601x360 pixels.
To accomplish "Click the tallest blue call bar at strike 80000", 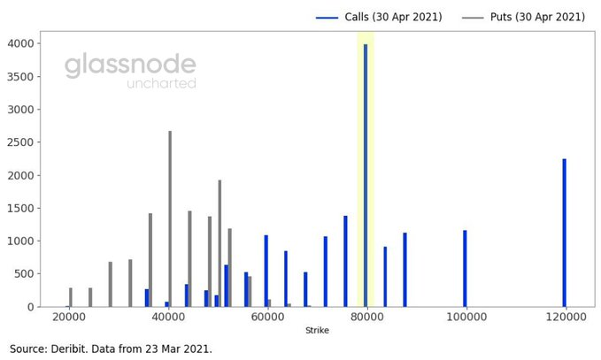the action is pyautogui.click(x=366, y=175).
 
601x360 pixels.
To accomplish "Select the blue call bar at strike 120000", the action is pyautogui.click(x=564, y=233).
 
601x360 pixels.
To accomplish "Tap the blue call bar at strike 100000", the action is pyautogui.click(x=465, y=269).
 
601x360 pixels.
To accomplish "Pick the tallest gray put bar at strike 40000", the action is pyautogui.click(x=170, y=218).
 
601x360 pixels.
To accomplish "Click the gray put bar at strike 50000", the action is pyautogui.click(x=220, y=243).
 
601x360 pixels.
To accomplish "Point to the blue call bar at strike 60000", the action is pyautogui.click(x=266, y=271).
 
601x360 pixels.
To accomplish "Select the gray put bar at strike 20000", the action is pyautogui.click(x=71, y=297).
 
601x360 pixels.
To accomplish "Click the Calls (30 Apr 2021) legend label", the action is pyautogui.click(x=393, y=17).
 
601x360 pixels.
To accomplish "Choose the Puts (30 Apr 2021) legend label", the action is pyautogui.click(x=537, y=17).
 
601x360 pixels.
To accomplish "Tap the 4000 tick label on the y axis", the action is pyautogui.click(x=20, y=43).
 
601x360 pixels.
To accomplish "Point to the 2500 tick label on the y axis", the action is pyautogui.click(x=20, y=142).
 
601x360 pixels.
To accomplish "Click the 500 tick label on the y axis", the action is pyautogui.click(x=24, y=274).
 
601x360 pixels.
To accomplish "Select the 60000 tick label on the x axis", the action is pyautogui.click(x=268, y=318).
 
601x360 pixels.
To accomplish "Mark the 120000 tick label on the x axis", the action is pyautogui.click(x=566, y=318).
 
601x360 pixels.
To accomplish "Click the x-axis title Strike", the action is pyautogui.click(x=317, y=330).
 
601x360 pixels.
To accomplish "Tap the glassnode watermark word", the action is pyautogui.click(x=130, y=65).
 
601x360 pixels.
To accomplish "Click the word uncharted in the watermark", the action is pyautogui.click(x=161, y=83).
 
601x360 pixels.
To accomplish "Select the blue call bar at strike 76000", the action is pyautogui.click(x=345, y=261).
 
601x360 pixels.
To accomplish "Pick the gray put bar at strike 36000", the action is pyautogui.click(x=150, y=260).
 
